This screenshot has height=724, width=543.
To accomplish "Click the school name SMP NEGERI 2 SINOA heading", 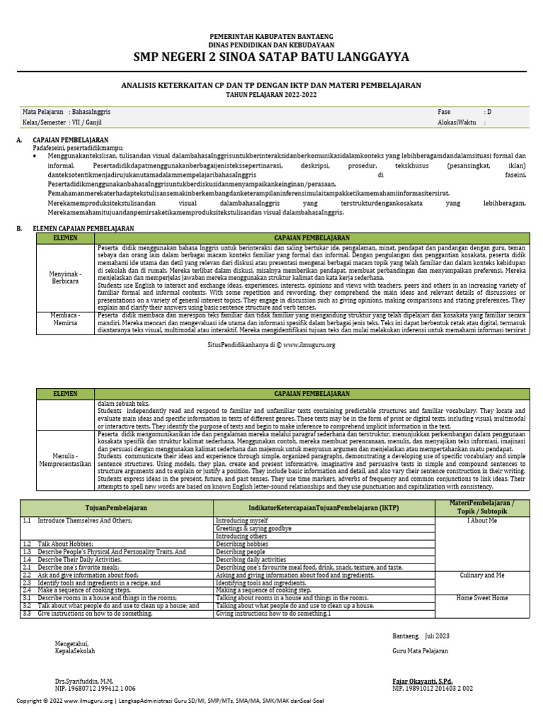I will pos(271,57).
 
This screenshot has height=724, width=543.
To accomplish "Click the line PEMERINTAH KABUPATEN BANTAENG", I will pos(271,36).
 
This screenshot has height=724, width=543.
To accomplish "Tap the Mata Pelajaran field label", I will pos(44,112).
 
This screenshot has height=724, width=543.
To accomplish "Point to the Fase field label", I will pos(445,112).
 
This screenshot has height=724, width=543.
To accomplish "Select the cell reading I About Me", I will pos(482,520).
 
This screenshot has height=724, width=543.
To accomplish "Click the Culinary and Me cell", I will pos(482,576).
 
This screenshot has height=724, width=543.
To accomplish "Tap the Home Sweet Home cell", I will pos(482,597).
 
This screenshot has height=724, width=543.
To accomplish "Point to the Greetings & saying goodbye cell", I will pos(254,528).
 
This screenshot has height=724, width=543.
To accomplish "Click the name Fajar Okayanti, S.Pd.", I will pos(422,681).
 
